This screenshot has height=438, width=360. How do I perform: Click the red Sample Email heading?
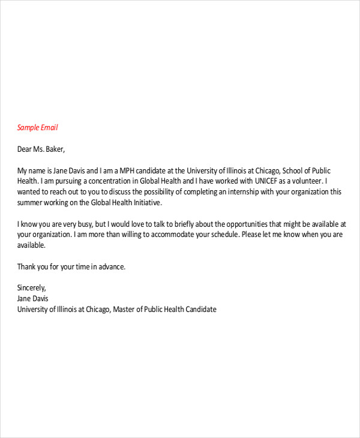(x=37, y=128)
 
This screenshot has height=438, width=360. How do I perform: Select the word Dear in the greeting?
(x=25, y=149)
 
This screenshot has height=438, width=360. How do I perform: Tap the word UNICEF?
(x=268, y=181)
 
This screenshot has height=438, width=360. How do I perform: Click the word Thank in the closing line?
(x=28, y=266)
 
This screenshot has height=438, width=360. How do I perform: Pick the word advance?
(x=111, y=266)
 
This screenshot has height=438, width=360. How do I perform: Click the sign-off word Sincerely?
(x=32, y=288)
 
